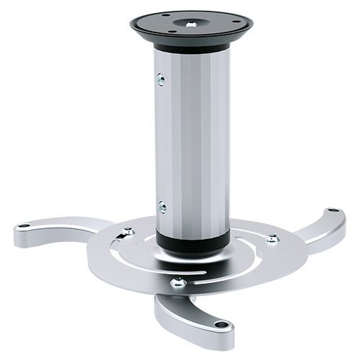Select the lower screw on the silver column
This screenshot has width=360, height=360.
click(162, 207)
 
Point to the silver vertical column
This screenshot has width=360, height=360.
click(191, 144)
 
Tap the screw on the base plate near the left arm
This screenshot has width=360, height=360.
click(128, 231)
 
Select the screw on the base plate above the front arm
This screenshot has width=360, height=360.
click(178, 283)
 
